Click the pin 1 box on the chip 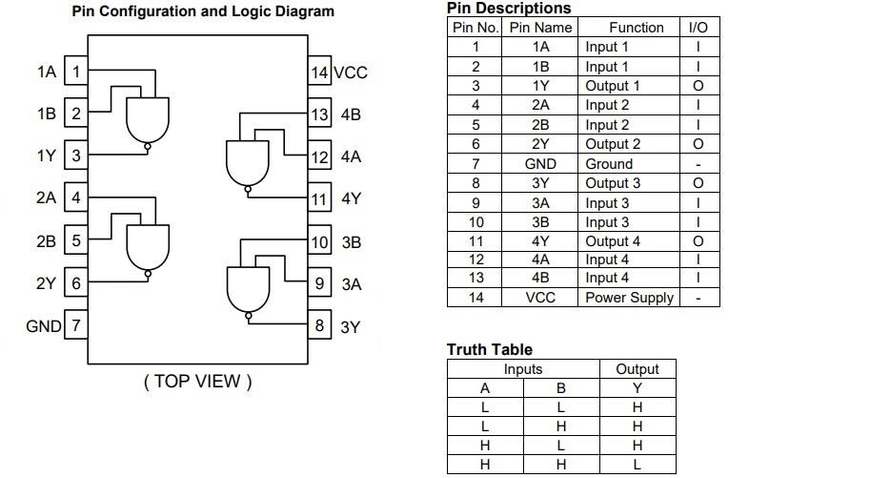click(x=76, y=72)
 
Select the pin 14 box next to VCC click(x=319, y=73)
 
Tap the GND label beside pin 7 click(x=43, y=326)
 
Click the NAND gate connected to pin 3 click(x=147, y=119)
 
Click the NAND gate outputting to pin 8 click(x=248, y=287)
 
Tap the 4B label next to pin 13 click(x=351, y=114)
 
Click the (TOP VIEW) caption click(x=198, y=382)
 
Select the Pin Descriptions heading click(x=508, y=9)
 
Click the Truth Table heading click(x=489, y=349)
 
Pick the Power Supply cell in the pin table click(x=629, y=298)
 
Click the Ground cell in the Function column click(x=609, y=163)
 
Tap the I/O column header click(x=698, y=28)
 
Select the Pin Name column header click(x=540, y=28)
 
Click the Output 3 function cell click(x=613, y=183)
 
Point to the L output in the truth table click(x=637, y=465)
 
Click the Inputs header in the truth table click(x=522, y=369)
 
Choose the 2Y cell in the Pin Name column click(x=540, y=144)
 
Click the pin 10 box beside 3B click(x=319, y=241)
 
